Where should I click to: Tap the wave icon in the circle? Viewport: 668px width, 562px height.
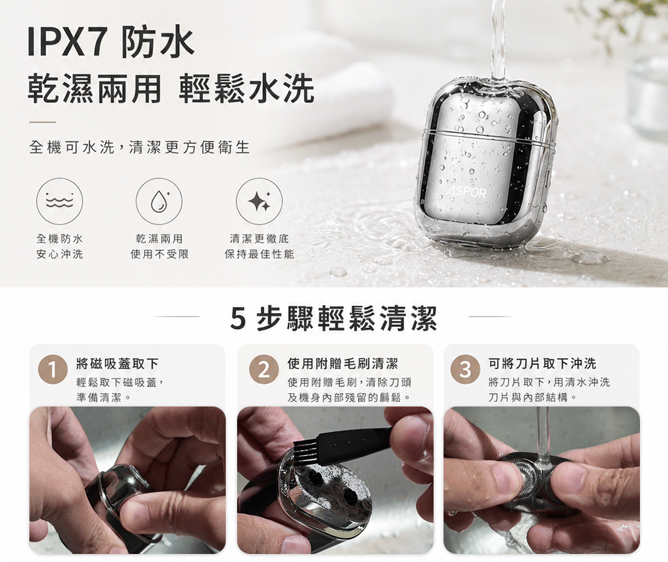point(59,201)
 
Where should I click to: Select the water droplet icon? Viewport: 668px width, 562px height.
point(159,201)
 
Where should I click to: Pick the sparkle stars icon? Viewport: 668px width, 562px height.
point(259,201)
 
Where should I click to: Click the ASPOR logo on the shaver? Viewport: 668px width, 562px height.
point(466,193)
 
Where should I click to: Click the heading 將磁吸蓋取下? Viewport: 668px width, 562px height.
point(118,364)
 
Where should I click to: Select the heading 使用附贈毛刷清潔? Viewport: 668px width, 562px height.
point(343,364)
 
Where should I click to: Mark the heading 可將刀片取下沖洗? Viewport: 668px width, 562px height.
point(542,364)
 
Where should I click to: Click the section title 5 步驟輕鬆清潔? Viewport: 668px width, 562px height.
point(333,318)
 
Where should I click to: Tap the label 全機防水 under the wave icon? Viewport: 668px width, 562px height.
point(59,238)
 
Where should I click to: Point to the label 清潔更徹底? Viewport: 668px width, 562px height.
point(259,238)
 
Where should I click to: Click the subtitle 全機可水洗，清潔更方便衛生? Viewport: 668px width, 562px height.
point(140,148)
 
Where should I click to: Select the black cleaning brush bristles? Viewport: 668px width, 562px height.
point(306,454)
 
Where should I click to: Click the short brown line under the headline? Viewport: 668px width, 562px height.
point(43,122)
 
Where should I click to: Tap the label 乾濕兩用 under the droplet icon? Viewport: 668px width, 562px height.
point(159,238)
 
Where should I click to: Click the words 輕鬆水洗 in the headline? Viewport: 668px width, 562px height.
point(246,89)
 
